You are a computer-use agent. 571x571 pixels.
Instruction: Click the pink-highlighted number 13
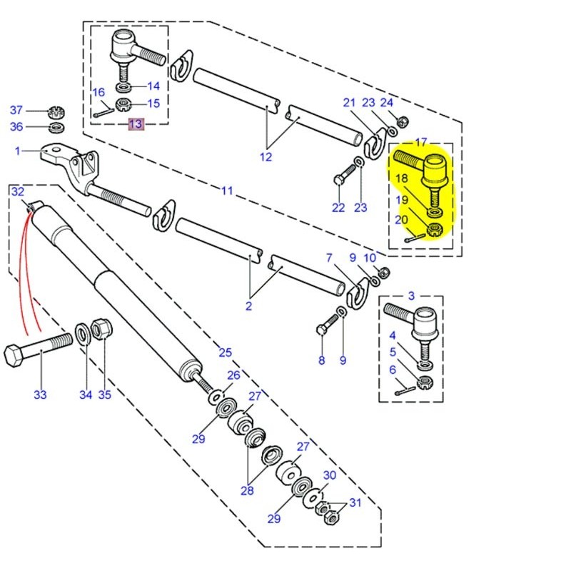tap(135, 124)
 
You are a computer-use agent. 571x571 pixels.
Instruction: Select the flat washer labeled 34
tap(83, 334)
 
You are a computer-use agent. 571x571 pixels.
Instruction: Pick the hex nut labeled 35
tap(102, 330)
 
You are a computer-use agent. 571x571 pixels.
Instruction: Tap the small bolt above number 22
tap(345, 173)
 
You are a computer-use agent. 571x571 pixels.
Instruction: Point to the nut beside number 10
tap(382, 272)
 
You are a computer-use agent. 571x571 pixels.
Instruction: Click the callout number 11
tap(227, 191)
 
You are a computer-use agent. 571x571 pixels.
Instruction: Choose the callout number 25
tap(225, 353)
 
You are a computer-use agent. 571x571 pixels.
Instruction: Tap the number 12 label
tap(266, 157)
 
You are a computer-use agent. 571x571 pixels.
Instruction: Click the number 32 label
tap(18, 191)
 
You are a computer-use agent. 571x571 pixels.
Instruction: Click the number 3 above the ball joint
tap(411, 295)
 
